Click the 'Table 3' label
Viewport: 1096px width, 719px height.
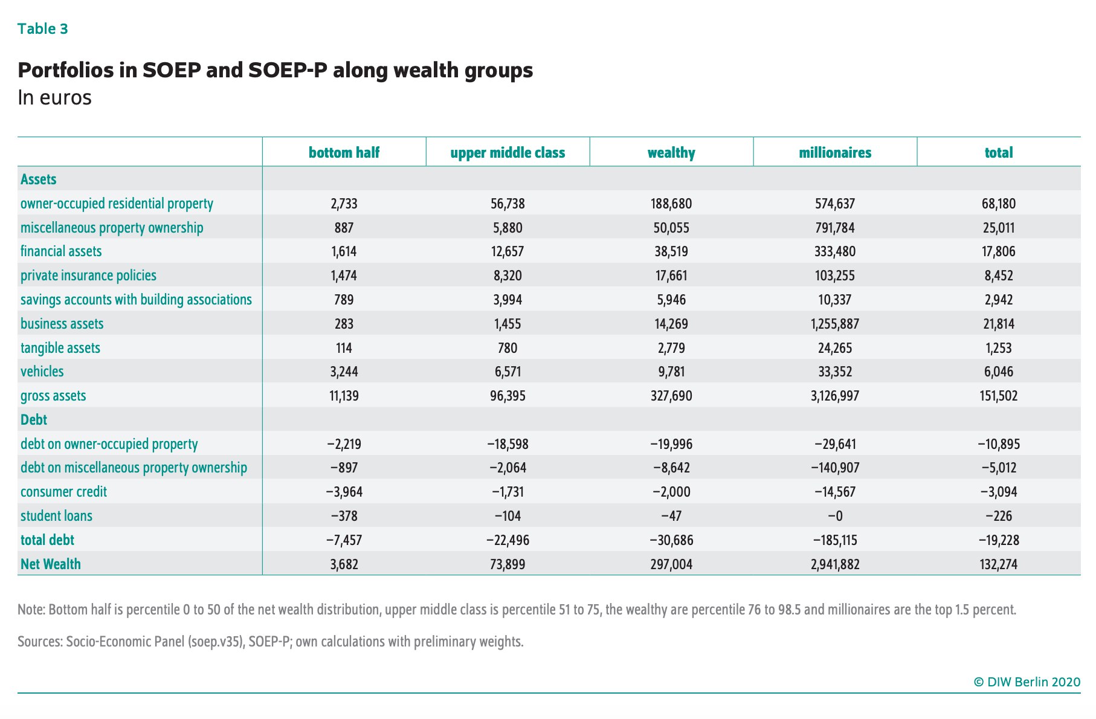pyautogui.click(x=42, y=29)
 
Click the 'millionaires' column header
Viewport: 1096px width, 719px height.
pyautogui.click(x=835, y=153)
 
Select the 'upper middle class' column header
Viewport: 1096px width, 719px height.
pyautogui.click(x=508, y=153)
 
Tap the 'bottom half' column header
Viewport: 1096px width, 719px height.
pyautogui.click(x=344, y=153)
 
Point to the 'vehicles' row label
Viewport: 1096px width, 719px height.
pyautogui.click(x=42, y=372)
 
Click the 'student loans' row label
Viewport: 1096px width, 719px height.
pyautogui.click(x=56, y=516)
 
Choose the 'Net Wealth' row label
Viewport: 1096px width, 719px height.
pyautogui.click(x=50, y=564)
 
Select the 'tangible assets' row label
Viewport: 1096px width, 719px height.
pyautogui.click(x=60, y=348)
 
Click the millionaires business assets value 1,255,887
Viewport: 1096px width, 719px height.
pyautogui.click(x=835, y=324)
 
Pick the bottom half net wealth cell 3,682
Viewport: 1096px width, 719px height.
pyautogui.click(x=344, y=564)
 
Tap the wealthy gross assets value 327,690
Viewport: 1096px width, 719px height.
pyautogui.click(x=671, y=396)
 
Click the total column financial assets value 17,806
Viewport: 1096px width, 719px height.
pyautogui.click(x=999, y=251)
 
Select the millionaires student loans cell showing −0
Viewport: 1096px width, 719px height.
pyautogui.click(x=835, y=516)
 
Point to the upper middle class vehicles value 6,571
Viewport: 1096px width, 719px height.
pyautogui.click(x=508, y=372)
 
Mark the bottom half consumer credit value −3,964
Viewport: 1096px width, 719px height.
pyautogui.click(x=344, y=492)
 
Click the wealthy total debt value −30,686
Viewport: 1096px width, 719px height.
pyautogui.click(x=671, y=540)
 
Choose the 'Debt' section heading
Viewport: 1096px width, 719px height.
pyautogui.click(x=34, y=420)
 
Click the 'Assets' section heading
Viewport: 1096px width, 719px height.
pyautogui.click(x=38, y=179)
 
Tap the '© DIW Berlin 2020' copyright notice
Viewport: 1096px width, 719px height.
pyautogui.click(x=1027, y=682)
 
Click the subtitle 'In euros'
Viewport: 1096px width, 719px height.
pyautogui.click(x=54, y=98)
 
